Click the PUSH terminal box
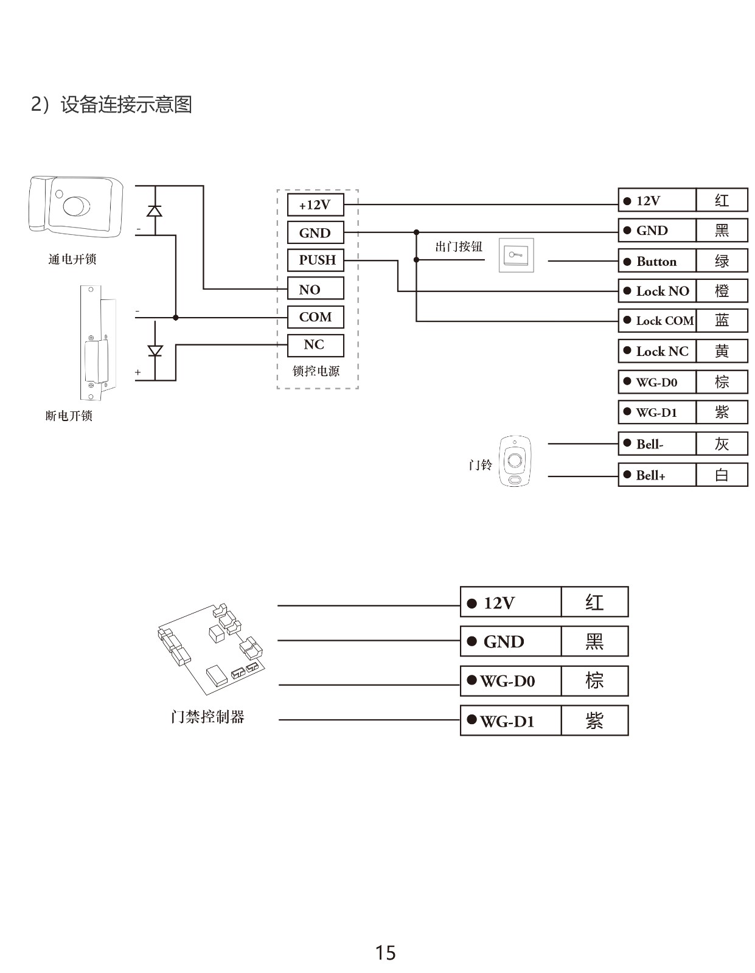[315, 260]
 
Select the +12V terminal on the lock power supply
[315, 205]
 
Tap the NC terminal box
[315, 345]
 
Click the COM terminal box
[315, 317]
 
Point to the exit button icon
[517, 255]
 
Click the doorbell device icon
[515, 461]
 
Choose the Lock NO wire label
[657, 291]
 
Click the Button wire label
[657, 261]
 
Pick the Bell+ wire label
[657, 475]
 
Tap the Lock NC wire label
[657, 351]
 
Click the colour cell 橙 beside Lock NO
[722, 291]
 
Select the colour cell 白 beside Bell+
[722, 475]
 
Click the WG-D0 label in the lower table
[510, 681]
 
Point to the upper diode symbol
[155, 211]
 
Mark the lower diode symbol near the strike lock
[155, 351]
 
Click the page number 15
[385, 952]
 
